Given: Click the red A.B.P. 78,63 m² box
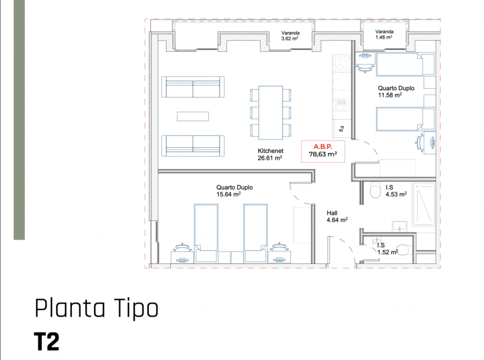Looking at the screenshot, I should (x=322, y=151).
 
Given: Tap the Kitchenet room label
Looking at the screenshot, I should (x=270, y=154).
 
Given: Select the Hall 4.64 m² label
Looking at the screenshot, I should (x=337, y=216).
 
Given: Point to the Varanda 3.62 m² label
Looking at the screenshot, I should (x=290, y=35).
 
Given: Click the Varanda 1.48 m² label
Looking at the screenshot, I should (x=383, y=34).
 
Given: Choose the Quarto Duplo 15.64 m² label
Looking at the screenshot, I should (x=234, y=191).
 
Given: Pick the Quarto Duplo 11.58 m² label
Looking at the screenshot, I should (x=395, y=91).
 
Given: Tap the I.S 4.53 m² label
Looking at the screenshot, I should (x=395, y=191).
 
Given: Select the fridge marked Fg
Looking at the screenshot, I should (x=341, y=129).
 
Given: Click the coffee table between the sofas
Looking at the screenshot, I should (x=193, y=116).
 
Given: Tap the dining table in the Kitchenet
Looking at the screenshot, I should (x=270, y=112).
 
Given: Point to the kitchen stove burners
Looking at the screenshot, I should (x=342, y=63).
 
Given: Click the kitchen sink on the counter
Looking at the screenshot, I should (x=342, y=104).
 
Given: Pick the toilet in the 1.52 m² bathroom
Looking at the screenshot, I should (x=402, y=250).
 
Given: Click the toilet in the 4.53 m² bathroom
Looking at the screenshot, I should (x=375, y=191).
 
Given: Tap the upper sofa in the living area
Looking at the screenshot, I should (x=193, y=87).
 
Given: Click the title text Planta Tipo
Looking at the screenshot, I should (x=96, y=308).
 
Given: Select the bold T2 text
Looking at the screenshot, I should (x=47, y=341).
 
